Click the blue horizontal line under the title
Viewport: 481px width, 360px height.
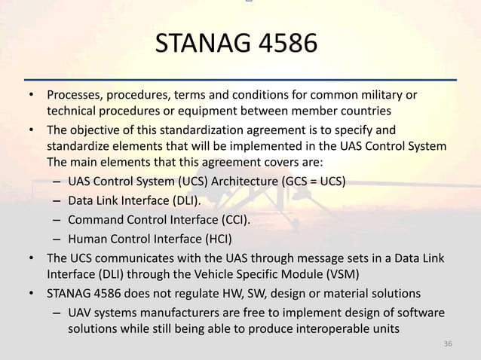click(x=240, y=79)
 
